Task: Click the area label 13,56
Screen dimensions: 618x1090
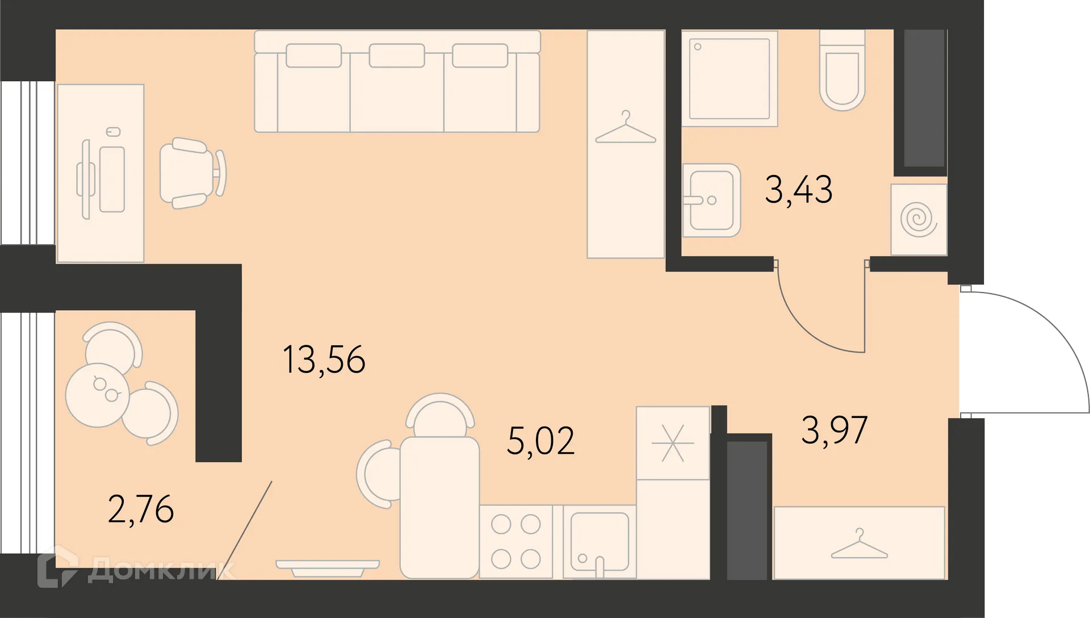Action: (324, 360)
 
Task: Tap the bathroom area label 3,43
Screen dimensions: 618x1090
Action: (798, 190)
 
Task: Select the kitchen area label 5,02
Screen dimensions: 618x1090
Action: (540, 441)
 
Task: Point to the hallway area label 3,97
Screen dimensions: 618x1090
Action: (834, 430)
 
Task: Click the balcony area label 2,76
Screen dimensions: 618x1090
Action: (141, 509)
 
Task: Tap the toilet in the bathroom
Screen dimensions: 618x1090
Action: (842, 74)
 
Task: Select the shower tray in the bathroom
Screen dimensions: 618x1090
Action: (730, 78)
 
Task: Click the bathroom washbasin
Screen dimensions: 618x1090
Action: (711, 200)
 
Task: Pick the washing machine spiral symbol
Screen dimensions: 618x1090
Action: (919, 220)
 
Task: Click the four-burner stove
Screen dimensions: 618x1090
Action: (515, 541)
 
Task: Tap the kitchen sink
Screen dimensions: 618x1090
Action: (599, 541)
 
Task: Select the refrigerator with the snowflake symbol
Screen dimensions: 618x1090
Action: (673, 443)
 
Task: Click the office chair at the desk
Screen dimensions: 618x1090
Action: (190, 173)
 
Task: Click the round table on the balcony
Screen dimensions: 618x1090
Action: (98, 395)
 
